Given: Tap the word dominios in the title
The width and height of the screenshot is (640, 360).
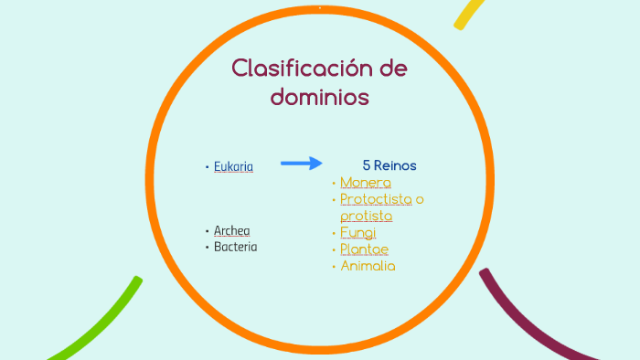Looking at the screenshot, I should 320,96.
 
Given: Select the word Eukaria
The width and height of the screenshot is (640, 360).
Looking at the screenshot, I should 233,166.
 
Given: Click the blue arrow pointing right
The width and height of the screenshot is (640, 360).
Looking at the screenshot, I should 301,164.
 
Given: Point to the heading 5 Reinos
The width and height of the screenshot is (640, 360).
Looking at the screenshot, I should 389,165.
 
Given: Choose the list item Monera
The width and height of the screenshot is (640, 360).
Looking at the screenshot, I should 366,183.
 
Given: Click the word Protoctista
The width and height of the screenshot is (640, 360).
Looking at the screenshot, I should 376,199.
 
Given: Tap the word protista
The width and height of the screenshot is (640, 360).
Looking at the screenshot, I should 366,216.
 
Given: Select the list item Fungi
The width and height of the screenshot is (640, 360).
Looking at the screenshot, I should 357,232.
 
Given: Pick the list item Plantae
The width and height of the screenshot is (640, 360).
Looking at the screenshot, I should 364,249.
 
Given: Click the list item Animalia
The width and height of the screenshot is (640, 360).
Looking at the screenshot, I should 368,266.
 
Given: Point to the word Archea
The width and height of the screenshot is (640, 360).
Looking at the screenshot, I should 231,230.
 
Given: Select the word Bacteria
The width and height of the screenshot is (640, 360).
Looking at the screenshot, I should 235,247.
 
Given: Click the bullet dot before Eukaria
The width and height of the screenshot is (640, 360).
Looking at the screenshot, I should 207,166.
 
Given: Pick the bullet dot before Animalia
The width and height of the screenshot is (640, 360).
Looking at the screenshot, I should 334,266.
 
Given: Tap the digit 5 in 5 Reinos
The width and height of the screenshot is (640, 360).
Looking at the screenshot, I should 366,165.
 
